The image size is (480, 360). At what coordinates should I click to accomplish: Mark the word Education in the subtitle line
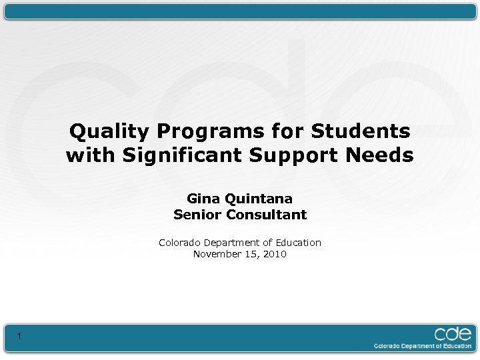tap(297, 243)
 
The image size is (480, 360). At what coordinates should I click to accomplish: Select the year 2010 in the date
tap(275, 254)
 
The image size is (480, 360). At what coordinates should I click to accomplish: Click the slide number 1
tap(19, 337)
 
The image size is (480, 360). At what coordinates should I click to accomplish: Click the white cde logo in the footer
tap(453, 333)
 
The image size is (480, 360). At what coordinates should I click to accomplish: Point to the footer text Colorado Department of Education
tap(423, 346)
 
